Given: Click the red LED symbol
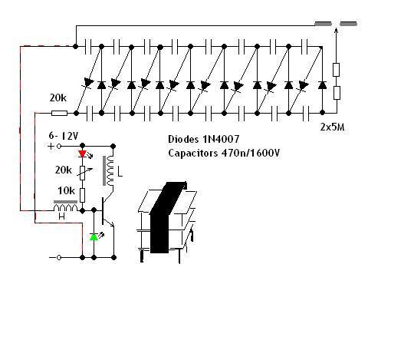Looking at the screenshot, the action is coord(83,154).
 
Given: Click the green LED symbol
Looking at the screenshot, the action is coord(94,237).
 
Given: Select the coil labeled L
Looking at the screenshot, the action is coord(110,171).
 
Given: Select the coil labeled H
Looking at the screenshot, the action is coord(65,206).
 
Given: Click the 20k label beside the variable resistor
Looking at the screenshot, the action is coord(63,170).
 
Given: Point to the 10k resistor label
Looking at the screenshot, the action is coord(66,190).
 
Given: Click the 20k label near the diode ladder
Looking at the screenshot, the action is coord(58,98).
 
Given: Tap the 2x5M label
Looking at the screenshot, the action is coord(333,127).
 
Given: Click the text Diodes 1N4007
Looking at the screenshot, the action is coord(204,139).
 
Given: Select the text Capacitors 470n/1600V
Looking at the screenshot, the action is coord(224,153).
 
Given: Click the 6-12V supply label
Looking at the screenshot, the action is coord(64,136).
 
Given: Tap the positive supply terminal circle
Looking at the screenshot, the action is coord(59,146).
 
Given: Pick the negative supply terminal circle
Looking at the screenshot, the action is coord(59,257).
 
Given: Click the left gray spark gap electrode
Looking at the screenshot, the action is coord(324,24).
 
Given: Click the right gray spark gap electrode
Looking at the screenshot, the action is coord(349,24).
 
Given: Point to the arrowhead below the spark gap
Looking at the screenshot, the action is coord(336,31).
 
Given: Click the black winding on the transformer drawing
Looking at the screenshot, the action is coord(165,216).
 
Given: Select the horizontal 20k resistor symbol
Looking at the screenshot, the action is coord(59,114).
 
